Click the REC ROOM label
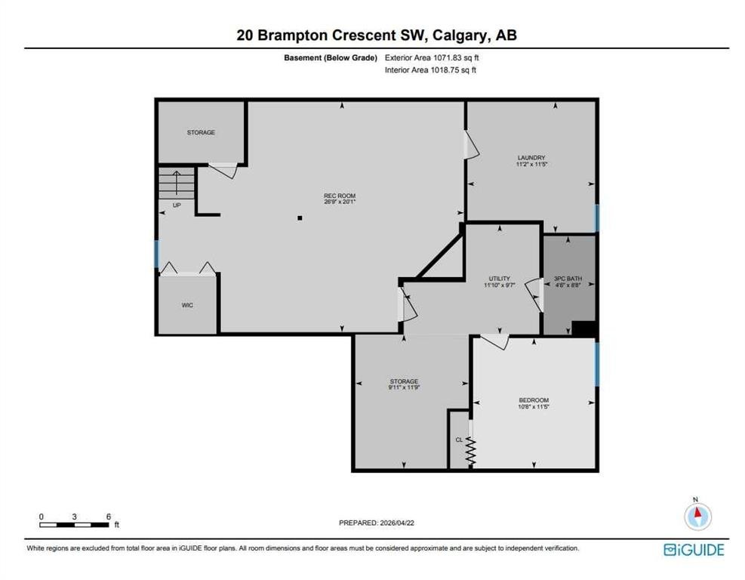tap(334, 196)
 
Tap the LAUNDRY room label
tap(531, 157)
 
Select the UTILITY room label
tap(498, 279)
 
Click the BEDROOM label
tap(533, 400)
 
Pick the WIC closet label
tap(187, 305)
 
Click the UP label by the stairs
tap(177, 204)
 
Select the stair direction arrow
tap(177, 182)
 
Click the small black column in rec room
tap(300, 218)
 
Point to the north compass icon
tap(697, 516)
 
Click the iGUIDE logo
tap(694, 550)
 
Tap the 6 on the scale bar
tap(109, 516)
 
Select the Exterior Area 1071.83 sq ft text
tap(431, 57)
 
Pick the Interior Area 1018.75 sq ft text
tap(430, 69)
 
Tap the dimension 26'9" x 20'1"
tap(334, 202)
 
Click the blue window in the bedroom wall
tap(597, 363)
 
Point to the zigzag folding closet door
tap(471, 452)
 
